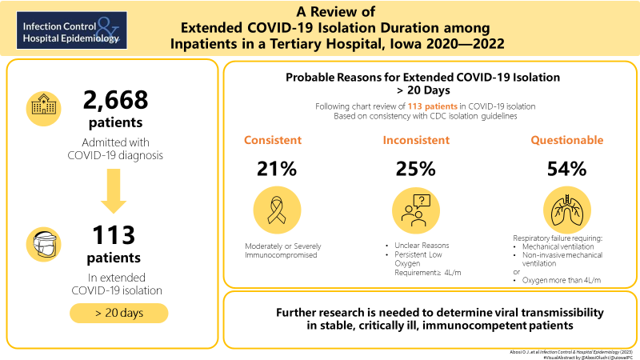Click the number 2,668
(x=116, y=101)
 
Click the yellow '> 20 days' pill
(x=119, y=312)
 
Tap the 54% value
(x=567, y=169)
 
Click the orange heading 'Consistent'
(x=273, y=140)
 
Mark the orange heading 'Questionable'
(x=567, y=140)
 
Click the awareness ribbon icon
(x=277, y=210)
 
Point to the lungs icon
(x=567, y=210)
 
